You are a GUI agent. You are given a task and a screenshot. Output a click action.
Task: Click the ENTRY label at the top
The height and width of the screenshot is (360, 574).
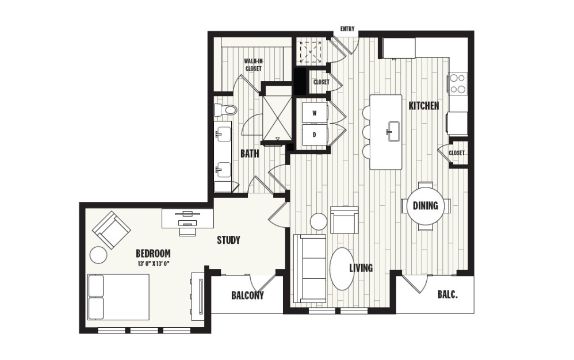(347, 28)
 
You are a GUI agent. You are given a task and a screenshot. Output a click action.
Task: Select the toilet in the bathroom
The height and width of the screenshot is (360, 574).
(226, 109)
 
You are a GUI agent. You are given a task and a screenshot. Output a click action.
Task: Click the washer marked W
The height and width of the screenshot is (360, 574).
(315, 113)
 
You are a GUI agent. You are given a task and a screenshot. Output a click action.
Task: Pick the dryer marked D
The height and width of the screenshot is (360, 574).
(315, 135)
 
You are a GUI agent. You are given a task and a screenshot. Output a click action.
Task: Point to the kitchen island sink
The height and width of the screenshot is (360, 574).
(393, 131)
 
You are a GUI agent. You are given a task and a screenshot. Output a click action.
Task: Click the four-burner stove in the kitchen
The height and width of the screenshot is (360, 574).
(457, 83)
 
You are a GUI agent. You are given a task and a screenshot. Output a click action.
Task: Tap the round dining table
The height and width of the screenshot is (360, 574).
(426, 206)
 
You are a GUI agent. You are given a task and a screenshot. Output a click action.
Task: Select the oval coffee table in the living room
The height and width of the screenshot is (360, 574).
(342, 269)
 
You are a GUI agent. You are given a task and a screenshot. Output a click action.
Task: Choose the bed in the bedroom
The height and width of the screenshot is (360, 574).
(118, 297)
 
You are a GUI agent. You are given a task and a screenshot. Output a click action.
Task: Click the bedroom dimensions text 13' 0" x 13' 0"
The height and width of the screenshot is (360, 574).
(153, 263)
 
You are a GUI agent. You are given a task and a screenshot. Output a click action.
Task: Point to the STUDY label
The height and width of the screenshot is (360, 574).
(228, 240)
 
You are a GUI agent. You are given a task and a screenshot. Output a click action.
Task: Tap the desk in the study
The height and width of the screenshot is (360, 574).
(187, 218)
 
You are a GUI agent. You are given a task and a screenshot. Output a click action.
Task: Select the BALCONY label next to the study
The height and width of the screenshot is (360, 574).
(247, 296)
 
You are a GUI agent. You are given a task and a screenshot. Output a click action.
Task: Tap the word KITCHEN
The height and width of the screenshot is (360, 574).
(424, 106)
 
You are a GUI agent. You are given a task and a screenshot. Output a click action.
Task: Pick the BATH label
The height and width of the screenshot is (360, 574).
(249, 154)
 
